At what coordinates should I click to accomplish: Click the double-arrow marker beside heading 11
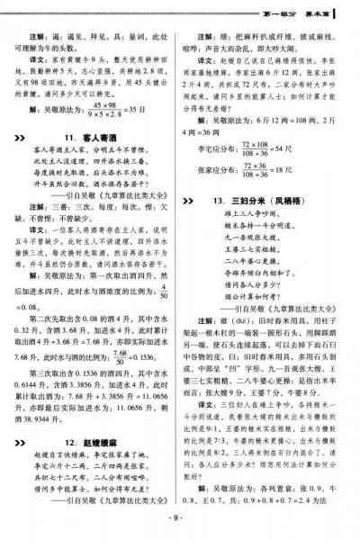coord(23,137)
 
